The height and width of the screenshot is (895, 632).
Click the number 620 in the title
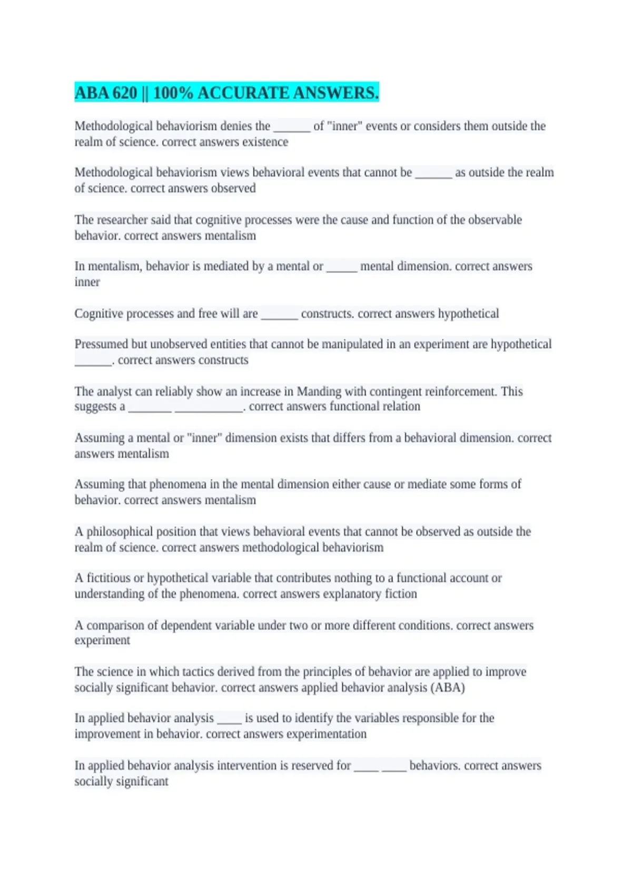coord(124,93)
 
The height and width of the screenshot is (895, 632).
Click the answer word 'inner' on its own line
coord(87,282)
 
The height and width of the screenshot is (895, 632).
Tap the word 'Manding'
coord(319,392)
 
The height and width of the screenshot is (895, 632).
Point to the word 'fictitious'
coord(108,578)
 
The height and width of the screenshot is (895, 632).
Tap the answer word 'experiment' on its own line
coord(102,641)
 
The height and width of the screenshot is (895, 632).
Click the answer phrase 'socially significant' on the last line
coord(121,781)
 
